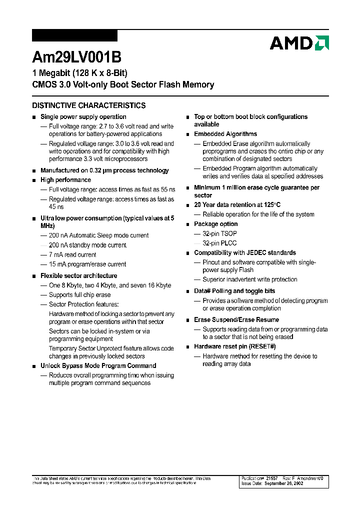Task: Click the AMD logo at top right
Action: [x=299, y=43]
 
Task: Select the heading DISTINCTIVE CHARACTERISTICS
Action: [x=89, y=105]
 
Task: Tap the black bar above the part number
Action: [x=74, y=35]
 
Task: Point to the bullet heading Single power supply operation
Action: [x=83, y=117]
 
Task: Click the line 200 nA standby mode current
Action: [x=87, y=245]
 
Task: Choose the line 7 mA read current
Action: [x=72, y=254]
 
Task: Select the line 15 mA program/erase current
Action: [x=87, y=264]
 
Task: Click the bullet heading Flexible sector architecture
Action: [x=79, y=275]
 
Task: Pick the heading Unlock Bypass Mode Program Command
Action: [x=98, y=365]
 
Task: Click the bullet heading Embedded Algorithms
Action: [x=225, y=134]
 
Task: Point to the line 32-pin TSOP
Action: [x=219, y=233]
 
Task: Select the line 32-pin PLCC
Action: [x=219, y=243]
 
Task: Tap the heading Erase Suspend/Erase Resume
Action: [x=236, y=319]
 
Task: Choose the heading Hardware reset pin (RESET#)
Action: [x=235, y=346]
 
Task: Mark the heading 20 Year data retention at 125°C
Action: [x=237, y=204]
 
